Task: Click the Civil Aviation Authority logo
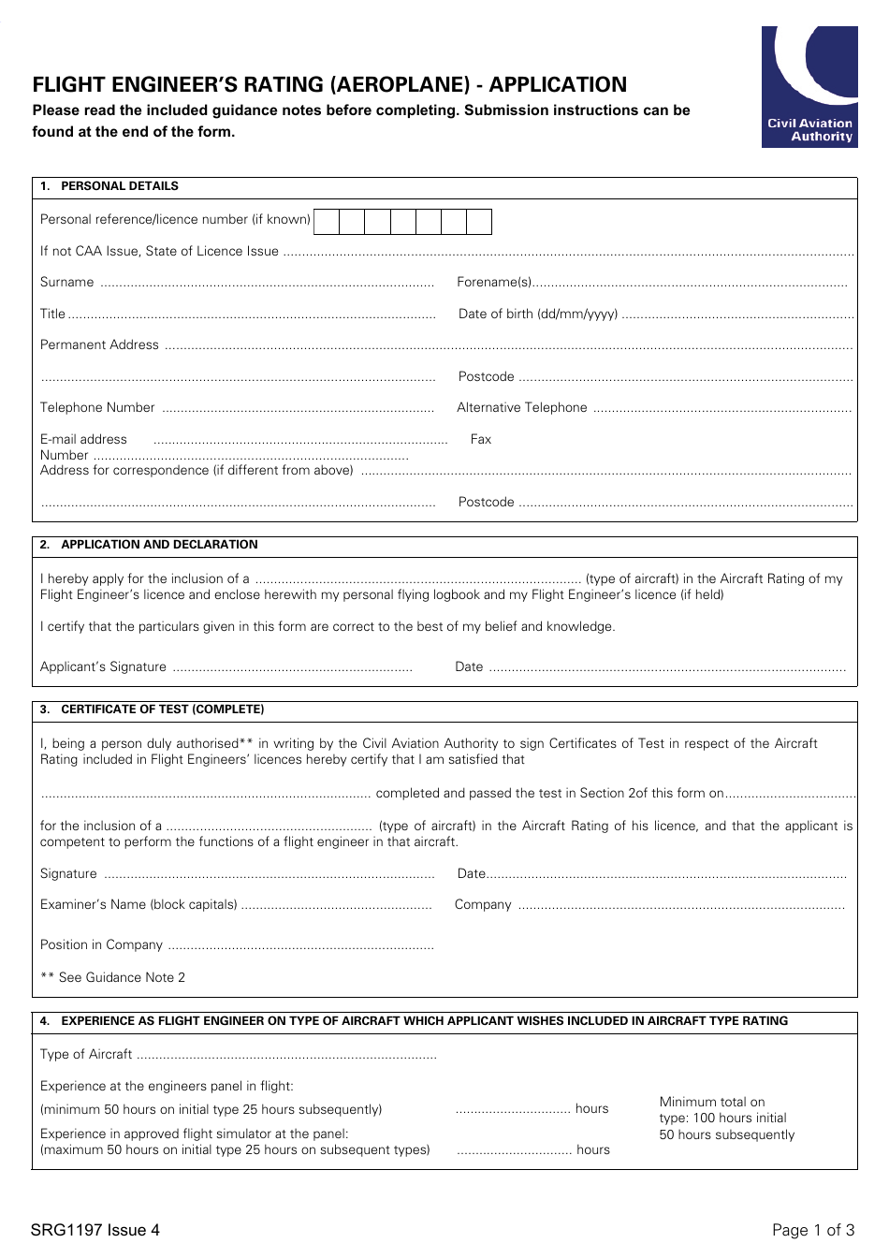809,87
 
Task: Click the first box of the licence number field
327,222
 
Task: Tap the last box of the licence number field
479,222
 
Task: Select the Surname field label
66,283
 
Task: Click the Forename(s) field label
493,283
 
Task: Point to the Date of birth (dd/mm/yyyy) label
538,314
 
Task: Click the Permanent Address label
99,345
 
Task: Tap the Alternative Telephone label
522,408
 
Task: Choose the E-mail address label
83,440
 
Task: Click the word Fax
481,440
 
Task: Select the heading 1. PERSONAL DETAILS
109,186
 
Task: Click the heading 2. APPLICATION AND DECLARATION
149,545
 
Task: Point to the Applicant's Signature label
103,667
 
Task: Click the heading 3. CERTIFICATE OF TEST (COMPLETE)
153,709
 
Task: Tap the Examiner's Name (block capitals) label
138,905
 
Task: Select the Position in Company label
101,945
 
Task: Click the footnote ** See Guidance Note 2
112,978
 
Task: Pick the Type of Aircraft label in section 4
86,1055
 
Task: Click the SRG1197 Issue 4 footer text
95,1230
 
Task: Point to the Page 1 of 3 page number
813,1230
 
